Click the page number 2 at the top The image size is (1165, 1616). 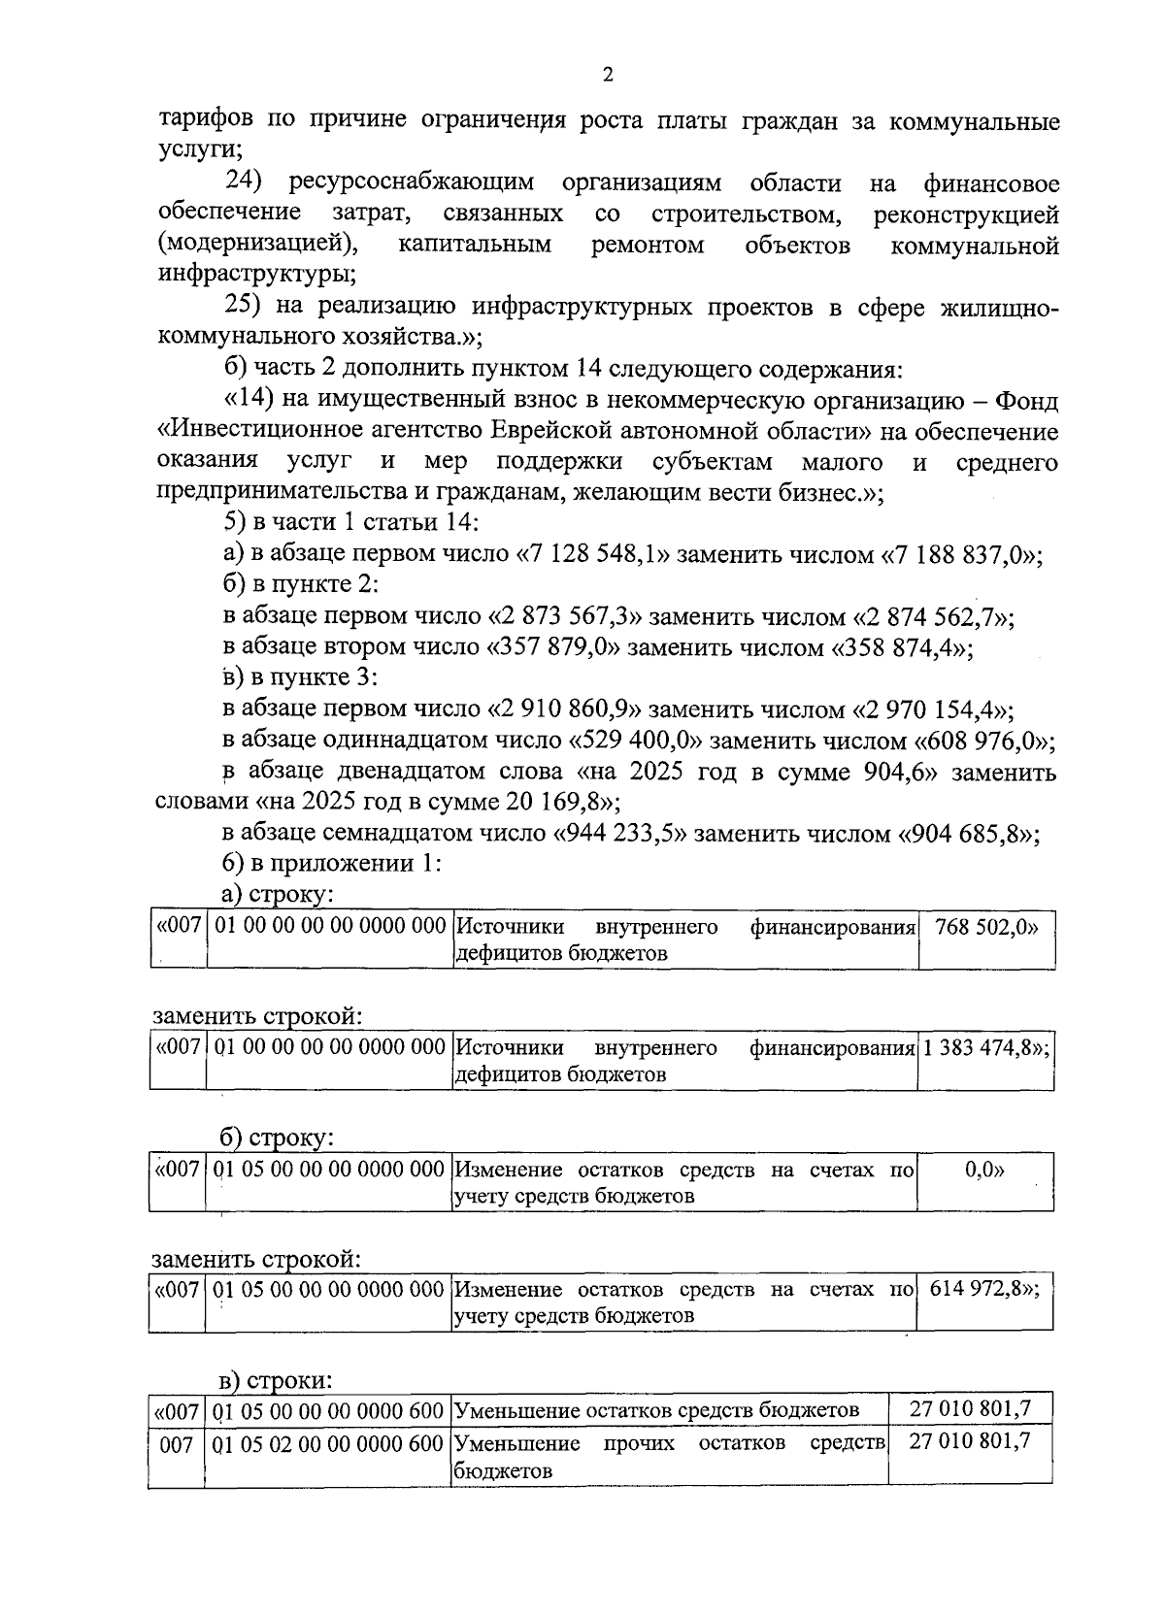tap(608, 76)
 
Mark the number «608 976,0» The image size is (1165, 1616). tap(982, 741)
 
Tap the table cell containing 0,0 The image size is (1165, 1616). tap(984, 1170)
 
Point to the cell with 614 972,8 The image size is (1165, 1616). tap(984, 1290)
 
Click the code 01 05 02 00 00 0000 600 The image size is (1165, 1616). tap(329, 1443)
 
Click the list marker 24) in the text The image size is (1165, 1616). tap(246, 182)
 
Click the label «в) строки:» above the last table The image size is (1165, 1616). tap(276, 1380)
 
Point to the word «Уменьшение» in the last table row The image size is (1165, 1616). tap(517, 1443)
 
